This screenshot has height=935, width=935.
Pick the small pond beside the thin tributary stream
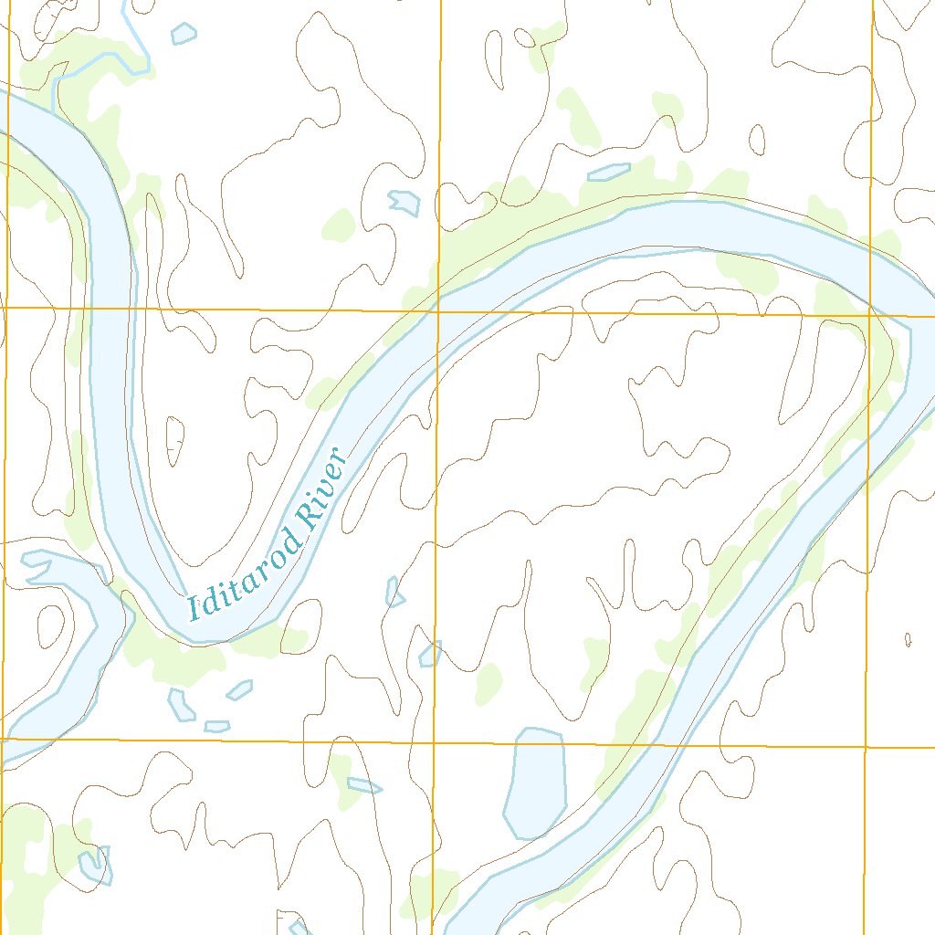(x=184, y=34)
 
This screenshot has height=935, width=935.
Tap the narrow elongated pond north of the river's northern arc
(x=609, y=172)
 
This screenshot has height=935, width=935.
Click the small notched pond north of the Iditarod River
(x=404, y=202)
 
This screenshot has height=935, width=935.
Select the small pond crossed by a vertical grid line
(x=430, y=654)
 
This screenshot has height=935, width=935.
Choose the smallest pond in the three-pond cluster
(x=217, y=727)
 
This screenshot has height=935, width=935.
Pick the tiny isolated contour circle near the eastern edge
(x=908, y=639)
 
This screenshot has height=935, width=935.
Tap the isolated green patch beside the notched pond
(x=339, y=225)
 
